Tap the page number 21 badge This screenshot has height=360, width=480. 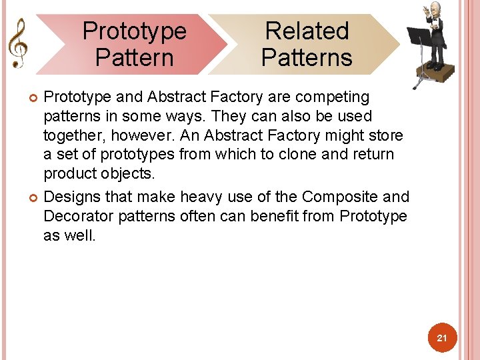441,339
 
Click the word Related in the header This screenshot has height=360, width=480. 307,31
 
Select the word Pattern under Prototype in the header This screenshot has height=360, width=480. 134,57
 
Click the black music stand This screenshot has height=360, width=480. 418,40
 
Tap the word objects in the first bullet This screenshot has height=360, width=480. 129,174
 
